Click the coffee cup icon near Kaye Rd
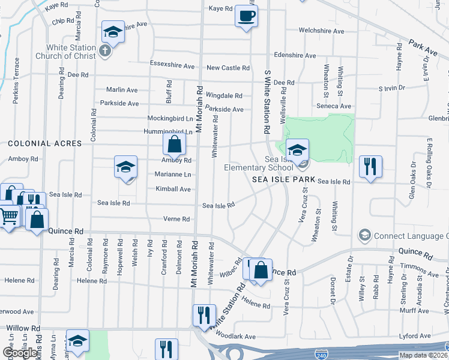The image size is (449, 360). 246,16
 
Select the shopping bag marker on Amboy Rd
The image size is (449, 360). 173,144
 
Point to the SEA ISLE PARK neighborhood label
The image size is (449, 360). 283,179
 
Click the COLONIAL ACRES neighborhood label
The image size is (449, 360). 44,143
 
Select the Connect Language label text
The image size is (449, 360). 411,235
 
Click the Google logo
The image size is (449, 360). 19,353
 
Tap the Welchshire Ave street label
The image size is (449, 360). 321,31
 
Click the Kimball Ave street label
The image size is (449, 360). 173,189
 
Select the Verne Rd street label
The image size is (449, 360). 176,219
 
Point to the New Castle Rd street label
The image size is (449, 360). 228,68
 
